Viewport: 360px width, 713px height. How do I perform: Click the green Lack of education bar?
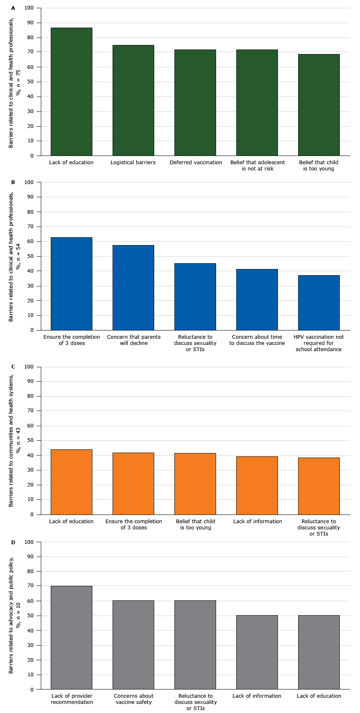point(71,92)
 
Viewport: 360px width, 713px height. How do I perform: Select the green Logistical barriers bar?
point(133,100)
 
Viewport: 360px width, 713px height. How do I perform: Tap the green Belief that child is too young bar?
point(319,105)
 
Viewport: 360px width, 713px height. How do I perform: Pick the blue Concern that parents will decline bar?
point(133,288)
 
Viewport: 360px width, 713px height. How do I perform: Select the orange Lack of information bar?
point(257,485)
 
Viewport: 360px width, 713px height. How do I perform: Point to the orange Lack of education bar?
point(71,482)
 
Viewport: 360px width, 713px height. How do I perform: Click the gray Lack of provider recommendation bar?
point(71,637)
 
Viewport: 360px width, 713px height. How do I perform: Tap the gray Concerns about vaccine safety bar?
point(133,645)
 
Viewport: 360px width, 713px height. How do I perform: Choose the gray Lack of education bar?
point(319,652)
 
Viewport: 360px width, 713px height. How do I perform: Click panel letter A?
point(13,8)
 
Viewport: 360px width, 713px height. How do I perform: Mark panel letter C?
point(13,366)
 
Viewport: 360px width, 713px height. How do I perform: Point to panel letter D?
point(13,542)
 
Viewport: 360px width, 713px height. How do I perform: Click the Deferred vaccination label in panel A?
point(195,163)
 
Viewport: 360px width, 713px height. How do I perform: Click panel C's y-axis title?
point(14,440)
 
